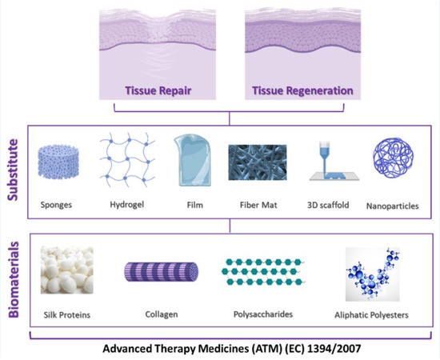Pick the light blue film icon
coord(190,159)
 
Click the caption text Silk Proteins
coord(68,315)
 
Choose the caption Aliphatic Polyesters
coord(373,315)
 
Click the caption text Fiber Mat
coord(254,205)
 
